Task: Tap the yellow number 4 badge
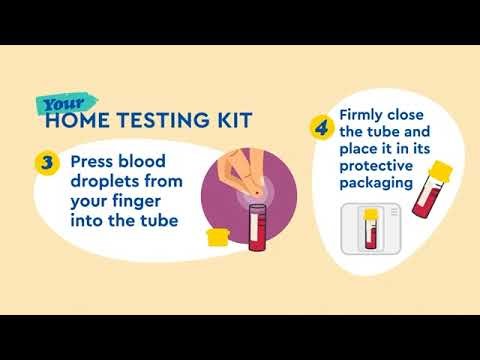[321, 128]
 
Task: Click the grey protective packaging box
[371, 232]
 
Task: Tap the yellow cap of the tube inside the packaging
[370, 214]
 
